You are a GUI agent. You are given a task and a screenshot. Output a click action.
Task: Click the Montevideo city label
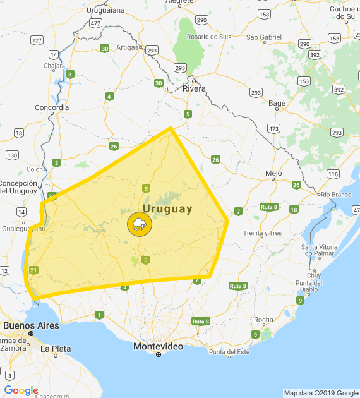159,346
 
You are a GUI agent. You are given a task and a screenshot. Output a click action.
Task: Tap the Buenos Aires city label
31,325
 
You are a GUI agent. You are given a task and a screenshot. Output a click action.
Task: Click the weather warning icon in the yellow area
139,224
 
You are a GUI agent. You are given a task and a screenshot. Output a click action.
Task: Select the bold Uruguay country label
167,208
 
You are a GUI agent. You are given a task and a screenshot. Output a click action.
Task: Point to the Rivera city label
194,88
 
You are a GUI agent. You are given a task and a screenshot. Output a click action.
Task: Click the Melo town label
273,173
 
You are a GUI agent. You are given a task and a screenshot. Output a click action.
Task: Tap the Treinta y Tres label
263,233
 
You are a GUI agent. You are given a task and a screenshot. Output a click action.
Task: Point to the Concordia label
52,107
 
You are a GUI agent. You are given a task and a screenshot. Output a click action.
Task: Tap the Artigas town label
126,47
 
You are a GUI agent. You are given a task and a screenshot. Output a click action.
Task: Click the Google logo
21,390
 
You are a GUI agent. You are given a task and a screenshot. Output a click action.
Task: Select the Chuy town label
314,275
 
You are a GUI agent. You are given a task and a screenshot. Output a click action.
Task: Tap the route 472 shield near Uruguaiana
95,23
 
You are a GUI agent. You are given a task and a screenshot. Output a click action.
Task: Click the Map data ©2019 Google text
320,393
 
